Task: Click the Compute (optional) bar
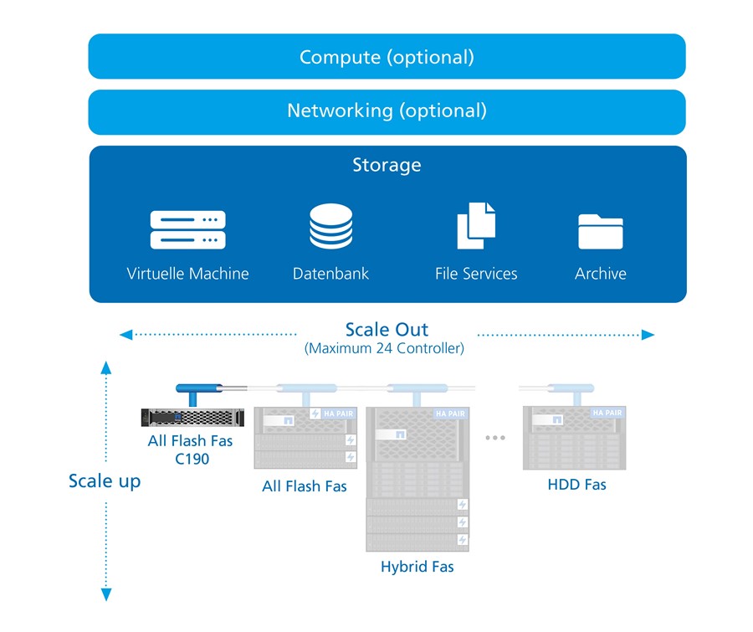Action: pos(387,57)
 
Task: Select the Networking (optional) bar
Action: pos(387,111)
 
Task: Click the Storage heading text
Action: pos(387,165)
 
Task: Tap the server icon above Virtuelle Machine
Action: pos(188,230)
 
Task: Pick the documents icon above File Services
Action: pos(476,227)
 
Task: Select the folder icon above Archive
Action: pos(601,231)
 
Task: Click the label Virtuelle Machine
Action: pos(188,274)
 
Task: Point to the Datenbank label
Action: pos(330,274)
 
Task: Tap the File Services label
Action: pos(476,274)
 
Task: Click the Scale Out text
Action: pos(387,329)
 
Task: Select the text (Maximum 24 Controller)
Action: pos(384,348)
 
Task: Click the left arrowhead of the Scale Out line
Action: pos(125,335)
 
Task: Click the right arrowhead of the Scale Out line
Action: pos(648,335)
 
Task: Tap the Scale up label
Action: pos(105,480)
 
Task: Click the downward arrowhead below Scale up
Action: pos(106,594)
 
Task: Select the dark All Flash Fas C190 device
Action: pos(192,417)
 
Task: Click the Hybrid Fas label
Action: pos(417,567)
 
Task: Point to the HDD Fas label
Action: pos(576,484)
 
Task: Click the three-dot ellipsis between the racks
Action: pos(495,438)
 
